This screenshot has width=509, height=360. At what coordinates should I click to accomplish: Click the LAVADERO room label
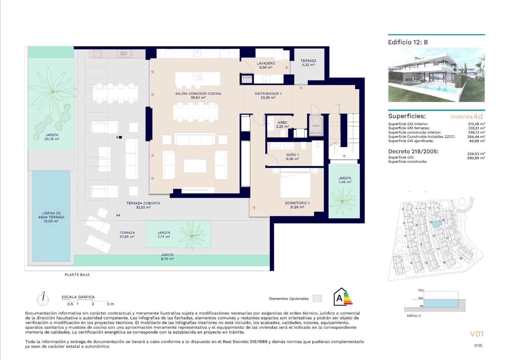[x=266, y=63]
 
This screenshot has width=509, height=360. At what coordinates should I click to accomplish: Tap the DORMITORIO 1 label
[x=297, y=203]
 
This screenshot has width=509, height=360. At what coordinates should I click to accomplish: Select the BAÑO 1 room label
[x=292, y=155]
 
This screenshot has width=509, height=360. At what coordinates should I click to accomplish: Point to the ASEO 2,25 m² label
[x=282, y=124]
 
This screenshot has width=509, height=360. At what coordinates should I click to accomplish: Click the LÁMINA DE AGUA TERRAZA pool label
[x=51, y=217]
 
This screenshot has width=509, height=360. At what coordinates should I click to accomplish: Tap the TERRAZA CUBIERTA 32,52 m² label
[x=143, y=205]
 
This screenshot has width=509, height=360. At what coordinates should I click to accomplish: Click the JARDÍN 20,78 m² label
[x=52, y=137]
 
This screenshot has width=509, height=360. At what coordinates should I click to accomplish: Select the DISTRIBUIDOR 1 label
[x=268, y=94]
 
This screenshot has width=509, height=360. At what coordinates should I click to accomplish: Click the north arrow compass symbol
[x=43, y=299]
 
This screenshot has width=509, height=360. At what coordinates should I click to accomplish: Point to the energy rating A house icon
[x=340, y=297]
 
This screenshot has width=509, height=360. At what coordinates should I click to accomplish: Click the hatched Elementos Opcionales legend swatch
[x=317, y=299]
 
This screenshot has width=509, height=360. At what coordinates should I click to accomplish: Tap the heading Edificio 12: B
[x=408, y=42]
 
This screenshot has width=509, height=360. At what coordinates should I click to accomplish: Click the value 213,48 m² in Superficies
[x=476, y=124]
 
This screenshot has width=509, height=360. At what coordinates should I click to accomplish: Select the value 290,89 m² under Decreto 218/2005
[x=476, y=158]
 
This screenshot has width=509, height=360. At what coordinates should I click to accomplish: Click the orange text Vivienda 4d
[x=466, y=116]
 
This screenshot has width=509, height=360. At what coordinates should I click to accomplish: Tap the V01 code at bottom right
[x=477, y=334]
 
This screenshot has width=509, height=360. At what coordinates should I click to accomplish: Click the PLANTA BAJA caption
[x=77, y=275]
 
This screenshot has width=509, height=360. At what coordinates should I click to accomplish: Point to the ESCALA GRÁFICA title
[x=78, y=297]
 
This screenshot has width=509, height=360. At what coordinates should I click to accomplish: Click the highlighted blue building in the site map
[x=436, y=224]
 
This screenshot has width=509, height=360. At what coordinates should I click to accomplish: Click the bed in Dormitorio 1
[x=295, y=185]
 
